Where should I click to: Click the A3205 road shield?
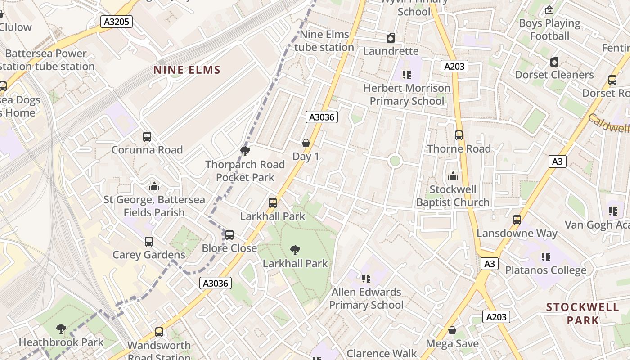(x=116, y=22)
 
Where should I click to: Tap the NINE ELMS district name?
(x=187, y=70)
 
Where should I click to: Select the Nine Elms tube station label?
(x=324, y=41)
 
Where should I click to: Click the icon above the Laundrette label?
(x=391, y=38)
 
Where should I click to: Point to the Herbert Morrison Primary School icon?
(x=407, y=74)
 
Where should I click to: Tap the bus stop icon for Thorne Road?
(x=459, y=135)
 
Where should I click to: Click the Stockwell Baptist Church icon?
(x=453, y=176)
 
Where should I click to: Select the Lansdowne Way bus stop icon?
(x=517, y=220)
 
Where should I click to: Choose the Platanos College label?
(x=546, y=270)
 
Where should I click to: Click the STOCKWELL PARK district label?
(x=582, y=314)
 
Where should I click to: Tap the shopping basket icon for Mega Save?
(x=452, y=331)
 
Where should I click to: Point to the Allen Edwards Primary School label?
(x=366, y=298)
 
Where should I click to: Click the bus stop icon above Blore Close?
(x=229, y=234)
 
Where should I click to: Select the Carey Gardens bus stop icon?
(x=149, y=242)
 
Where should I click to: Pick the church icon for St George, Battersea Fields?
(x=154, y=186)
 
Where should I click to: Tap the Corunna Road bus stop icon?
(x=147, y=137)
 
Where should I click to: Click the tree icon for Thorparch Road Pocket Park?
(x=245, y=151)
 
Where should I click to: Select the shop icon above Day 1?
(x=306, y=143)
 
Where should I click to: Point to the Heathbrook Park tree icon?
(x=61, y=329)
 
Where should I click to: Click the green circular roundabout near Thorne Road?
(x=395, y=161)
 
